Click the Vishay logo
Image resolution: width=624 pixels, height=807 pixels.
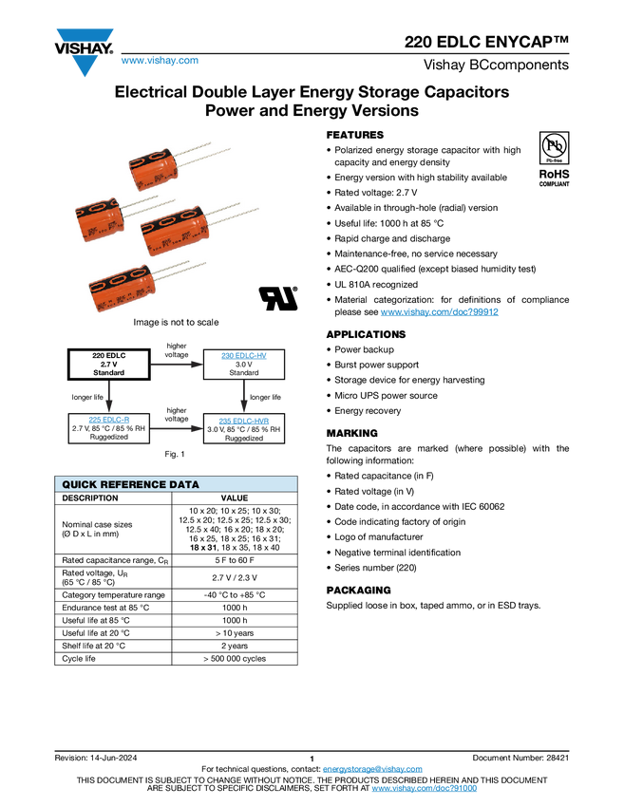pyautogui.click(x=84, y=52)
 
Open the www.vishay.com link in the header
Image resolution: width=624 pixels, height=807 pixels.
pyautogui.click(x=160, y=60)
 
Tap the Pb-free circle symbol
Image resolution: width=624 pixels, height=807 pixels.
pyautogui.click(x=554, y=145)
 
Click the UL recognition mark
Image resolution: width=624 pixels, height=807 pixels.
pyautogui.click(x=278, y=298)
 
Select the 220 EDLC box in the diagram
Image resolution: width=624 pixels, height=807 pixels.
pyautogui.click(x=108, y=365)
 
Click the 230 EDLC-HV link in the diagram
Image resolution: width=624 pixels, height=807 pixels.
pyautogui.click(x=244, y=356)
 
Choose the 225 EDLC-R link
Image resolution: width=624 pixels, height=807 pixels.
pyautogui.click(x=109, y=420)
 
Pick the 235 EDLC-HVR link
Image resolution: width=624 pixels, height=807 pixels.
pyautogui.click(x=244, y=421)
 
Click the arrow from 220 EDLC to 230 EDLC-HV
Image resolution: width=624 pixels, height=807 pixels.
pyautogui.click(x=177, y=365)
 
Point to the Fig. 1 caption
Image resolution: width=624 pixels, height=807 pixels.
pyautogui.click(x=175, y=454)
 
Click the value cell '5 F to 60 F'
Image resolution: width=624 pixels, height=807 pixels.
pyautogui.click(x=235, y=560)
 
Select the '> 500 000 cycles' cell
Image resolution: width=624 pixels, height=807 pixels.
pyautogui.click(x=235, y=659)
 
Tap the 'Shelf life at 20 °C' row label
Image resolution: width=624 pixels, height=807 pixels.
pyautogui.click(x=94, y=646)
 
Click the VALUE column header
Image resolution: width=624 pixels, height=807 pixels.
pyautogui.click(x=235, y=498)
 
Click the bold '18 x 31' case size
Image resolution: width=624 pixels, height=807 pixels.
pyautogui.click(x=203, y=548)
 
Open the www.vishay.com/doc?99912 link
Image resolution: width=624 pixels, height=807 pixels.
pyautogui.click(x=439, y=312)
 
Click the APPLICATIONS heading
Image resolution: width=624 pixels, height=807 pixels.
pyautogui.click(x=366, y=334)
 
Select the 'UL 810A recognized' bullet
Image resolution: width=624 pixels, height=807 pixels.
pyautogui.click(x=376, y=285)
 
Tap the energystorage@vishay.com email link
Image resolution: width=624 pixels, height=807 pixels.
pyautogui.click(x=372, y=769)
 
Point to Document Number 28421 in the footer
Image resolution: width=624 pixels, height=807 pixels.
pyautogui.click(x=520, y=758)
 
